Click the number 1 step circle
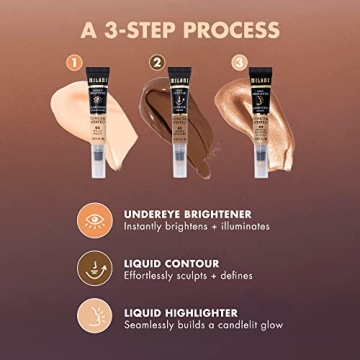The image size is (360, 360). click(x=71, y=62)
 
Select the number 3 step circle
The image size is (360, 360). click(x=238, y=62)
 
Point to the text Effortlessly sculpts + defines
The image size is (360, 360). click(x=189, y=276)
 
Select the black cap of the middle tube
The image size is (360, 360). click(x=181, y=67)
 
